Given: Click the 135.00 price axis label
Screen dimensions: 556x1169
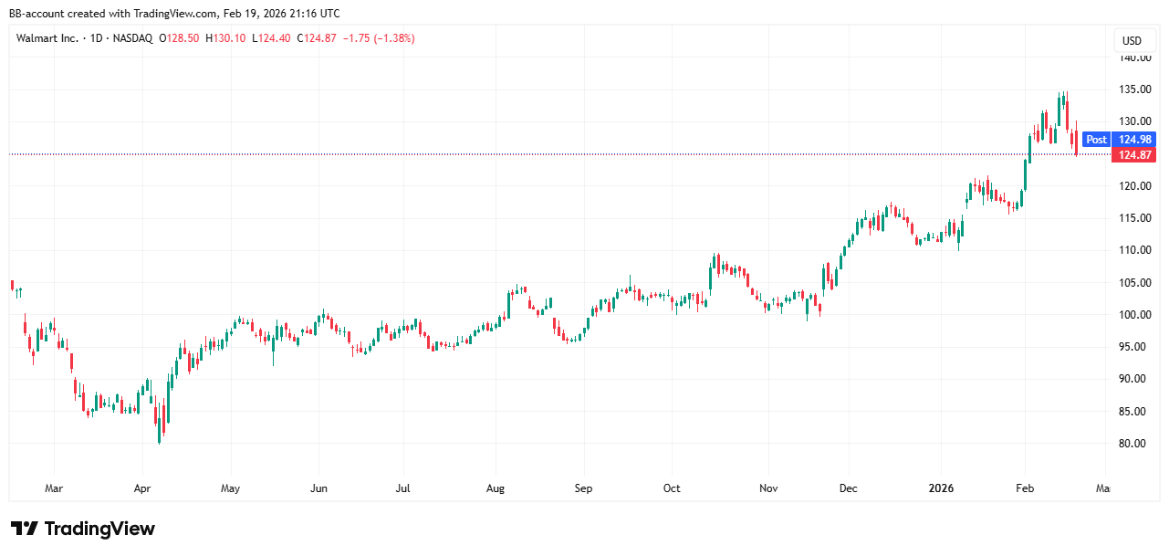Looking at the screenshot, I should click(x=1135, y=89).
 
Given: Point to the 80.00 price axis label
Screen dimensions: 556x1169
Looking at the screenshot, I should click(x=1135, y=444).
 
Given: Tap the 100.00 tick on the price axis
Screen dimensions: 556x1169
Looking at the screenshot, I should click(x=1135, y=315).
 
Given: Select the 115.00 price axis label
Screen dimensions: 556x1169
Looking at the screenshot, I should click(x=1135, y=218).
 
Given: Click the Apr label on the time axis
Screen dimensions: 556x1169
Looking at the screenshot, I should click(x=141, y=488).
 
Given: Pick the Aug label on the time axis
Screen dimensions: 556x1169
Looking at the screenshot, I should click(x=496, y=488).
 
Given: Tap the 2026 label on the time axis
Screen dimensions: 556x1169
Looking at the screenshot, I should click(x=941, y=488).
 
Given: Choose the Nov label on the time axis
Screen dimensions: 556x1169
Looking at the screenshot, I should click(x=768, y=488).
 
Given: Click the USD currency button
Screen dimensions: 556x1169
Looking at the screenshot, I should click(x=1132, y=41).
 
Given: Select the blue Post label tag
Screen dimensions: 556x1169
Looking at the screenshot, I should click(x=1096, y=140).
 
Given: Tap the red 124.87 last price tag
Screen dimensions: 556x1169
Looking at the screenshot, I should click(x=1134, y=155).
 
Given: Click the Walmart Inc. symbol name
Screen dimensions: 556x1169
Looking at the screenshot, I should click(x=47, y=38).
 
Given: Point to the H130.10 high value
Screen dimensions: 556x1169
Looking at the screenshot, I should click(x=224, y=38).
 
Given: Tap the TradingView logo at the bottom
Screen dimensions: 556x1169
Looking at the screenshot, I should click(x=83, y=529).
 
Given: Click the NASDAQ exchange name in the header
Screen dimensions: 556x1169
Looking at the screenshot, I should click(x=131, y=38).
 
